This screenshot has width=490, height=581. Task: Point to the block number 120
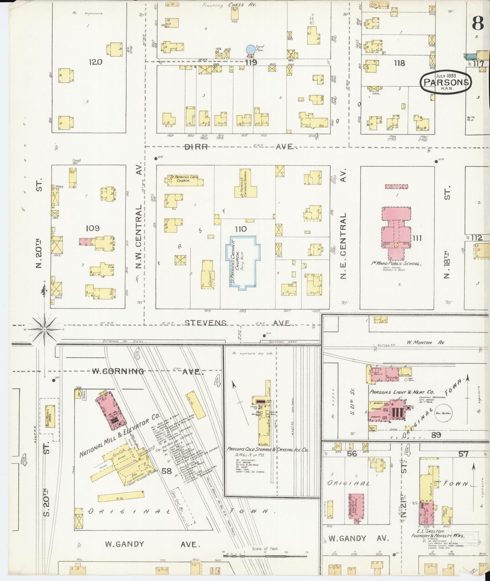(x=95, y=62)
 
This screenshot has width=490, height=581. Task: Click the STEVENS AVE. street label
(x=237, y=323)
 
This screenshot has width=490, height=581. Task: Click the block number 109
(x=92, y=228)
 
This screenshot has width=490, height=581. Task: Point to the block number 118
(x=399, y=63)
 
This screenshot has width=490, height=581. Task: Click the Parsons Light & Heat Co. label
(x=401, y=392)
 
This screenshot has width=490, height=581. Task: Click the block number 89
(x=436, y=435)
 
